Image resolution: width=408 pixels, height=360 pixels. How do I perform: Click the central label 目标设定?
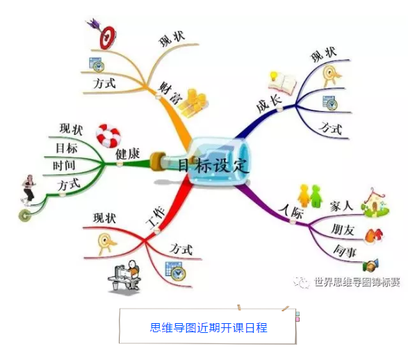pos(213,165)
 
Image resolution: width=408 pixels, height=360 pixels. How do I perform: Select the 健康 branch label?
pos(127,154)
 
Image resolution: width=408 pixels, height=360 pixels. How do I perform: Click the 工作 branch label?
pos(155,218)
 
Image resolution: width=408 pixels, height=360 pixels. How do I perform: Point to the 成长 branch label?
pos(268,104)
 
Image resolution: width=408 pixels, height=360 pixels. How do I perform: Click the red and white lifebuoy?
pos(108,135)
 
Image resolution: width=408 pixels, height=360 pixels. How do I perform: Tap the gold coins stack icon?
pos(193,104)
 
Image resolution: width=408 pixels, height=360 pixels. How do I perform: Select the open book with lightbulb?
pos(282,83)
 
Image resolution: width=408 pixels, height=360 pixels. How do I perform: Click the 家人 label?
pos(341,206)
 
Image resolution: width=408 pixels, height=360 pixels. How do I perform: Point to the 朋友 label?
pos(343,229)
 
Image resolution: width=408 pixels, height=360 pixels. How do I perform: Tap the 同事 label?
pos(345,251)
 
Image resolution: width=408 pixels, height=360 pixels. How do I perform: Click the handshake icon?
pos(370,265)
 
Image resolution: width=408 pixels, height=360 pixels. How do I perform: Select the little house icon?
pos(375,203)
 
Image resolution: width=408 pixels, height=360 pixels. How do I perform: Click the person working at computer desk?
pos(124,276)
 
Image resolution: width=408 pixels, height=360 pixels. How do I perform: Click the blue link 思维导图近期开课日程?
pos(209,328)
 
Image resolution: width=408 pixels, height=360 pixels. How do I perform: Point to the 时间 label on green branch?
pos(64,165)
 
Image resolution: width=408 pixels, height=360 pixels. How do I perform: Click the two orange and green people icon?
pos(310,196)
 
